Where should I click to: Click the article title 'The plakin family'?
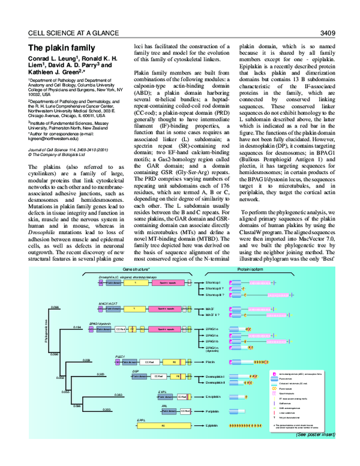(62, 47)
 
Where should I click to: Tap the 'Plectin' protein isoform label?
(211, 363)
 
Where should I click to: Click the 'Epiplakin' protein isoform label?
(212, 426)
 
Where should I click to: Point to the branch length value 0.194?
(77, 327)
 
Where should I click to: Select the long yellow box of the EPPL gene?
(163, 426)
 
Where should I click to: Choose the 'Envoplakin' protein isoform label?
(213, 397)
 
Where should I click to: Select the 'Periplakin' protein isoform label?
(212, 411)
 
